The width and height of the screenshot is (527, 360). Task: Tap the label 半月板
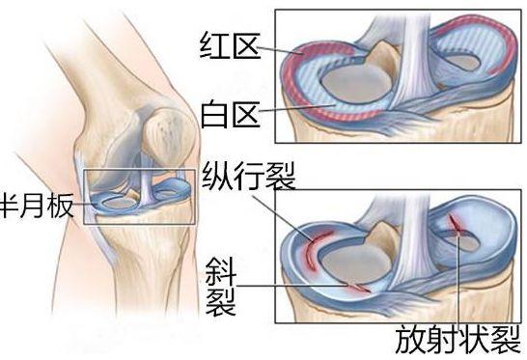tap(36, 206)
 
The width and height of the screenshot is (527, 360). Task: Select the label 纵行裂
tap(249, 178)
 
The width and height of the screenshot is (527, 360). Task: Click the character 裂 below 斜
tap(220, 302)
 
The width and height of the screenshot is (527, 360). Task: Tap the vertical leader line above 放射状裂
tap(457, 280)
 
